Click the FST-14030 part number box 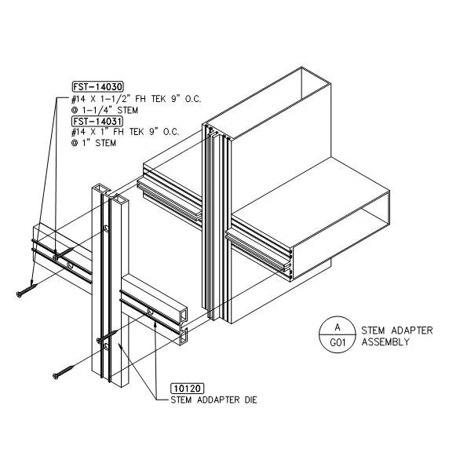[x=98, y=87]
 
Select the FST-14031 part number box [x=97, y=122]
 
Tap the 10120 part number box [x=187, y=389]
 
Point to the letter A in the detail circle [x=338, y=327]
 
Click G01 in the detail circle [x=338, y=342]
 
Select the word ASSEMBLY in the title [x=385, y=341]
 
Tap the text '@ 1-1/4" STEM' [x=104, y=110]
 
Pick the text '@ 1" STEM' [x=93, y=143]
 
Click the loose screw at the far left [x=27, y=290]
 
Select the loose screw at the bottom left [x=64, y=372]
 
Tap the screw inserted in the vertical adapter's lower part [x=107, y=335]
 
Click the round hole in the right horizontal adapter [x=150, y=312]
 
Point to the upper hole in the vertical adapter [x=106, y=228]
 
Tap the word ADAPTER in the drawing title [x=412, y=330]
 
